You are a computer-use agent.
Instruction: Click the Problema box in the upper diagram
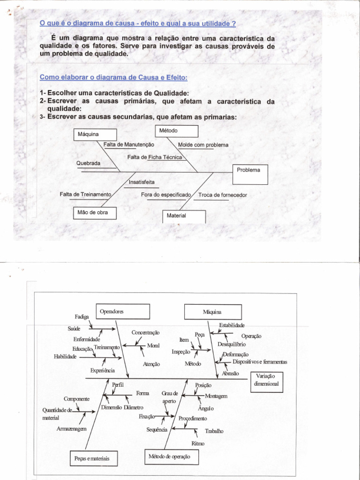coord(250,174)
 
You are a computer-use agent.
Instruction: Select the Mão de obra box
coord(94,213)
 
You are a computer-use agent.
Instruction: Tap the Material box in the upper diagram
coord(184,216)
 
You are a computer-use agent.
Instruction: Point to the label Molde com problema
coord(203,145)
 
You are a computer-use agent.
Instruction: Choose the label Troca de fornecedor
coord(223,195)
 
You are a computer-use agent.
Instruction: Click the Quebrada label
coord(89,163)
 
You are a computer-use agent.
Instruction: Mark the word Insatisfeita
coord(142,182)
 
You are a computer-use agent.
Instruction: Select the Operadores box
coord(123,311)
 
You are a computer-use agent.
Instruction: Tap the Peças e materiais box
coord(92,458)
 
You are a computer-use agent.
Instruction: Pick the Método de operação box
coord(169,456)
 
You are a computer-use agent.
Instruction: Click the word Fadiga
coord(82,316)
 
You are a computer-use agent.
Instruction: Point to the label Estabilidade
coord(232,324)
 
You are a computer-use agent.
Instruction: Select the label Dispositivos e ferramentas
coord(260,362)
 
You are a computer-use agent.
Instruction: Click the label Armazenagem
coord(71,429)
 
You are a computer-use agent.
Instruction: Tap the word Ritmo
coord(198,443)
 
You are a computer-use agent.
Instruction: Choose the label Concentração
coord(145,332)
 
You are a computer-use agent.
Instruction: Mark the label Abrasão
coord(230,374)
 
